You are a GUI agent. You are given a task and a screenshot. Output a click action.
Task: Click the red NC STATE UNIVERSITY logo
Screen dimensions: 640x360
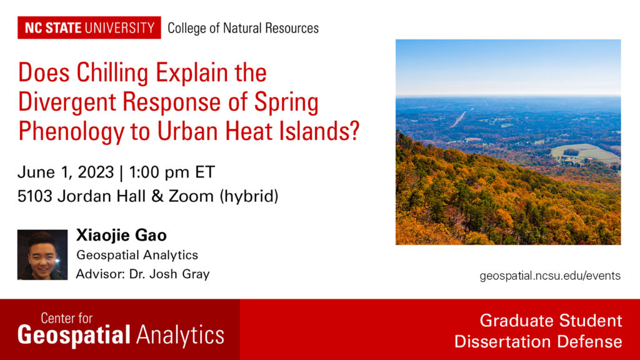89,27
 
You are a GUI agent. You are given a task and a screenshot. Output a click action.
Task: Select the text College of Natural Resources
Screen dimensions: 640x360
243,28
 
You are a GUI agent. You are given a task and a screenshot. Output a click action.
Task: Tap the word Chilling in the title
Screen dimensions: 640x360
112,73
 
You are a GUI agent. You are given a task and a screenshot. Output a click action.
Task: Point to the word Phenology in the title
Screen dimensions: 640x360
70,131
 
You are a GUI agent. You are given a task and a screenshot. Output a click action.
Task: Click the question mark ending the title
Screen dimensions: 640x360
354,129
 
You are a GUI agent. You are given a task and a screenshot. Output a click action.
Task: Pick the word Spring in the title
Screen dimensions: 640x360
286,102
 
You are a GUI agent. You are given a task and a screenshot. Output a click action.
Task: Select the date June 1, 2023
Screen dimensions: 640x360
65,172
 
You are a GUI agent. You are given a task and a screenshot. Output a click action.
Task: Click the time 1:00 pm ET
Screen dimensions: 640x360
172,172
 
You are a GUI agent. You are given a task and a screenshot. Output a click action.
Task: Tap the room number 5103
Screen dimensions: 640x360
35,196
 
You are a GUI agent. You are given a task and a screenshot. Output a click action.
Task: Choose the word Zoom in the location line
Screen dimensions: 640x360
191,196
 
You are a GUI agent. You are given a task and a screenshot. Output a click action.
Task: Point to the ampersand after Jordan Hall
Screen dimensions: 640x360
157,196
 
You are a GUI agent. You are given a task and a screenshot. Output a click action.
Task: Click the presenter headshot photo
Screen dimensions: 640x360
42,255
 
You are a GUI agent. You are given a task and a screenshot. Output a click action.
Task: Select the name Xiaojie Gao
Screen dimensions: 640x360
122,235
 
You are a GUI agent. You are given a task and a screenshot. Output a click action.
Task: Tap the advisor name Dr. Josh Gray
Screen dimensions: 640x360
169,274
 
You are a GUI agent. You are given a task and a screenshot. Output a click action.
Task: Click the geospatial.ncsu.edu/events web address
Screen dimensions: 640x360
550,276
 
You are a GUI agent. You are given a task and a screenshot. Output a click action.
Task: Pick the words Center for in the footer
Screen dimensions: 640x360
66,318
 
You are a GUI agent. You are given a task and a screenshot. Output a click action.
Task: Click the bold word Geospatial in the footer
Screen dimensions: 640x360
74,336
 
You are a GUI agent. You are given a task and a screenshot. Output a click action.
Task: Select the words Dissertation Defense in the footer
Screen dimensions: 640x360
538,341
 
